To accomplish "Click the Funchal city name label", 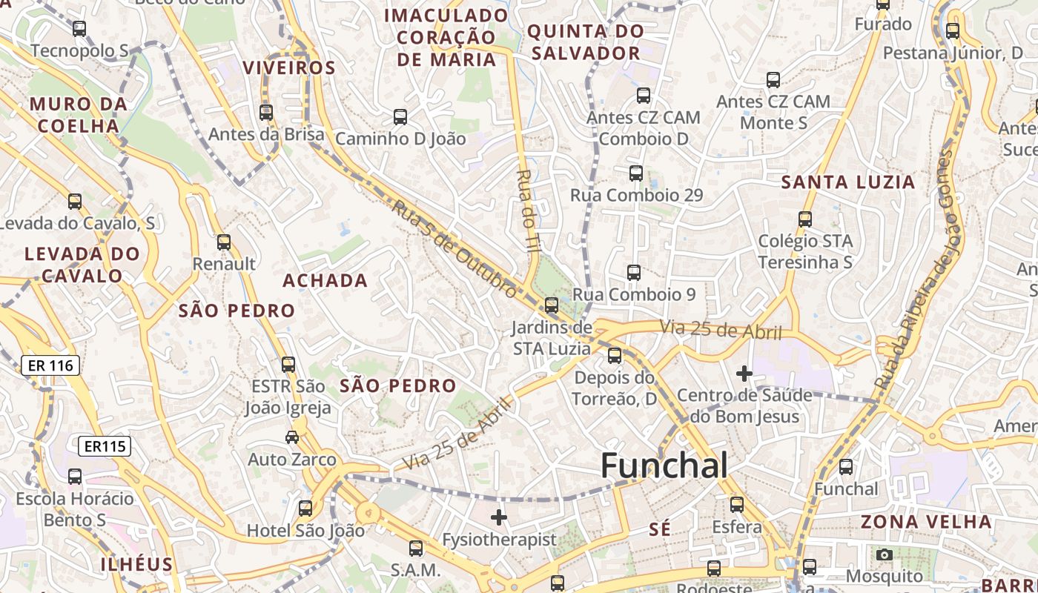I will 664,466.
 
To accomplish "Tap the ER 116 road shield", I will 50,365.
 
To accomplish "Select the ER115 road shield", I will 105,446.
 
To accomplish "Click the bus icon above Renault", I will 224,242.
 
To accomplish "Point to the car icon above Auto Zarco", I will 292,437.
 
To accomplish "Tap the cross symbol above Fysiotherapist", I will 499,517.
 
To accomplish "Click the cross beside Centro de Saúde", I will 744,374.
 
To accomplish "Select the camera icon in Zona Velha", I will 884,554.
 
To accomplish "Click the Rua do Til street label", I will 527,211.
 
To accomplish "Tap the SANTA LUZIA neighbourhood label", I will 848,182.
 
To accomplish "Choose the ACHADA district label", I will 325,280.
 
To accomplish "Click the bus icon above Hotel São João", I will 305,508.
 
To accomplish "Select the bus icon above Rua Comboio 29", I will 636,173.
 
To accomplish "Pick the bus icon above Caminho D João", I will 400,117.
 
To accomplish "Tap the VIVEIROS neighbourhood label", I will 289,67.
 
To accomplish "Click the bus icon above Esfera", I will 737,505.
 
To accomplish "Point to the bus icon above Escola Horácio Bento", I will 75,477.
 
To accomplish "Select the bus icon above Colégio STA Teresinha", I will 805,219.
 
